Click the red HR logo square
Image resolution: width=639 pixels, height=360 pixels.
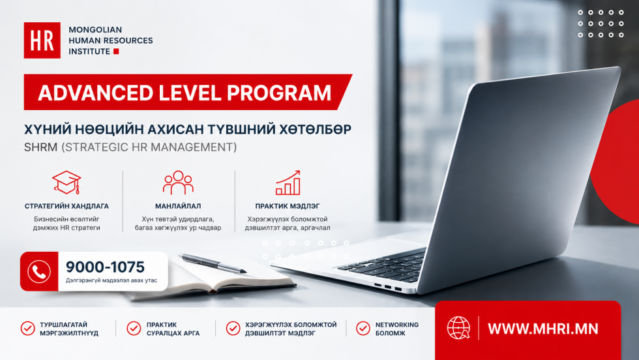pos(42,40)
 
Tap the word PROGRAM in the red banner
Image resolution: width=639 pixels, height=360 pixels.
pos(279,93)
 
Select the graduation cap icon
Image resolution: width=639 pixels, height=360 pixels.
pos(67,182)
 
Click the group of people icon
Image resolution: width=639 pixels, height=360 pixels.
pos(178,183)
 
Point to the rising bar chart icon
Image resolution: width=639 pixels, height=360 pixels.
pos(288,183)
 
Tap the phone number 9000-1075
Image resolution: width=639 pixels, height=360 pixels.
pos(105,267)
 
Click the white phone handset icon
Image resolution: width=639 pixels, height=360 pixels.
pos(39,271)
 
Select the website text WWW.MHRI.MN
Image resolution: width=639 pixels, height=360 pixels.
pos(542,329)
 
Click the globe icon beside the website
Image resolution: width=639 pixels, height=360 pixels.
pos(458,328)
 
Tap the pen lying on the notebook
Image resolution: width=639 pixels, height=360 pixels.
pos(213,263)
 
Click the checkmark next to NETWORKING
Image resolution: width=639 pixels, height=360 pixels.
pos(363,328)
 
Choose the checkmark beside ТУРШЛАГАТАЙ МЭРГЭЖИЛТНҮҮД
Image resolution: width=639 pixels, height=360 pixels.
pos(27,328)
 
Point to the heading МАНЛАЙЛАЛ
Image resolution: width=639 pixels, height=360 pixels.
pos(178,206)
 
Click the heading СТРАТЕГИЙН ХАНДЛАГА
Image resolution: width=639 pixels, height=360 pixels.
pos(67,206)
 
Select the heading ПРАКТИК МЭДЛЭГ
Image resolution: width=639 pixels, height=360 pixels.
pos(288,206)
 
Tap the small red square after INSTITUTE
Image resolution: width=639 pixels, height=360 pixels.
pos(116,52)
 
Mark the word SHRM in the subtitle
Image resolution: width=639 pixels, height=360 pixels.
pos(40,147)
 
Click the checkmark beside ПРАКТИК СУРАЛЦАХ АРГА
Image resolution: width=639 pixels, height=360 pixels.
pos(134,328)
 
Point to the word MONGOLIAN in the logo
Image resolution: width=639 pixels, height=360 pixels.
pos(95,30)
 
